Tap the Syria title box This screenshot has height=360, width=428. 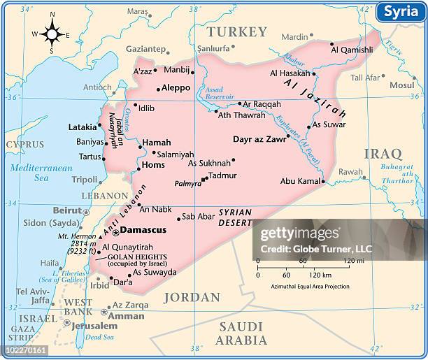point(400,13)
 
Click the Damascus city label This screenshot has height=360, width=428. point(143,229)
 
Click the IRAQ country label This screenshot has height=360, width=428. point(381,153)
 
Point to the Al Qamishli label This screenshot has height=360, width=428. point(353,50)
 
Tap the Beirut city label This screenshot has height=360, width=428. point(68,210)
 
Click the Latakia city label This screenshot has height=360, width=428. point(83,127)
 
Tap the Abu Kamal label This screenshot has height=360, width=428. point(299,180)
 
